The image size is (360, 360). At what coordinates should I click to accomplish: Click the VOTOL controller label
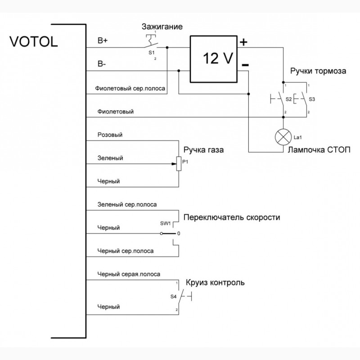[34, 42]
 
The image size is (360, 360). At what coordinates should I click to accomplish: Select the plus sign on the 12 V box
[243, 43]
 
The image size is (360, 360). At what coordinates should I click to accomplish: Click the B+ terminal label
[103, 40]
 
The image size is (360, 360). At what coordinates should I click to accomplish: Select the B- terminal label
[102, 64]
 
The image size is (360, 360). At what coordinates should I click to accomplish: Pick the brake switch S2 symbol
[282, 98]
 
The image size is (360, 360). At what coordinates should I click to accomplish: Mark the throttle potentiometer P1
[179, 164]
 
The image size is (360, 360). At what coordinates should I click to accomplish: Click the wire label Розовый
[110, 135]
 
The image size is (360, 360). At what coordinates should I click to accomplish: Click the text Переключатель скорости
[232, 217]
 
